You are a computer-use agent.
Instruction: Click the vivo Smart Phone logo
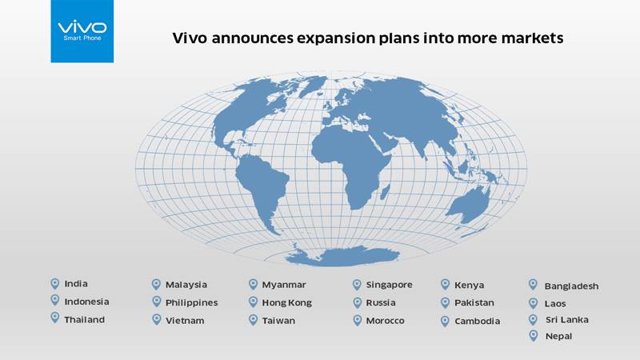pyautogui.click(x=82, y=31)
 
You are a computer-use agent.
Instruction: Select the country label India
pyautogui.click(x=76, y=284)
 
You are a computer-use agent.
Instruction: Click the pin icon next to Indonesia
pyautogui.click(x=55, y=301)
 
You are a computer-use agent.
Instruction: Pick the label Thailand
pyautogui.click(x=85, y=319)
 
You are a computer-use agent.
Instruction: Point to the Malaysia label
pyautogui.click(x=186, y=285)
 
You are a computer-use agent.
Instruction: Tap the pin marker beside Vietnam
pyautogui.click(x=156, y=319)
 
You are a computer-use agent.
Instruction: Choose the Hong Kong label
pyautogui.click(x=287, y=303)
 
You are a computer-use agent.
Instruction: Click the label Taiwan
pyautogui.click(x=278, y=321)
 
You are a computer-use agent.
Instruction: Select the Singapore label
pyautogui.click(x=389, y=285)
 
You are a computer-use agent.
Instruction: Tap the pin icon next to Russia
pyautogui.click(x=357, y=302)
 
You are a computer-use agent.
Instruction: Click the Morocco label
pyautogui.click(x=385, y=321)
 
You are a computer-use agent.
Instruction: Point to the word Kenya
pyautogui.click(x=469, y=286)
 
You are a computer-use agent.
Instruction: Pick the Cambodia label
pyautogui.click(x=477, y=322)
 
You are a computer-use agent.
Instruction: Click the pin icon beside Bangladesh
pyautogui.click(x=533, y=285)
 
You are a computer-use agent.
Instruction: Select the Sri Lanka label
pyautogui.click(x=567, y=319)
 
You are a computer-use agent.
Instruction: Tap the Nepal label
pyautogui.click(x=558, y=336)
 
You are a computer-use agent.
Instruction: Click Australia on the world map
pyautogui.click(x=470, y=205)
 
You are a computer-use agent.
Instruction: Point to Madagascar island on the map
pyautogui.click(x=385, y=191)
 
